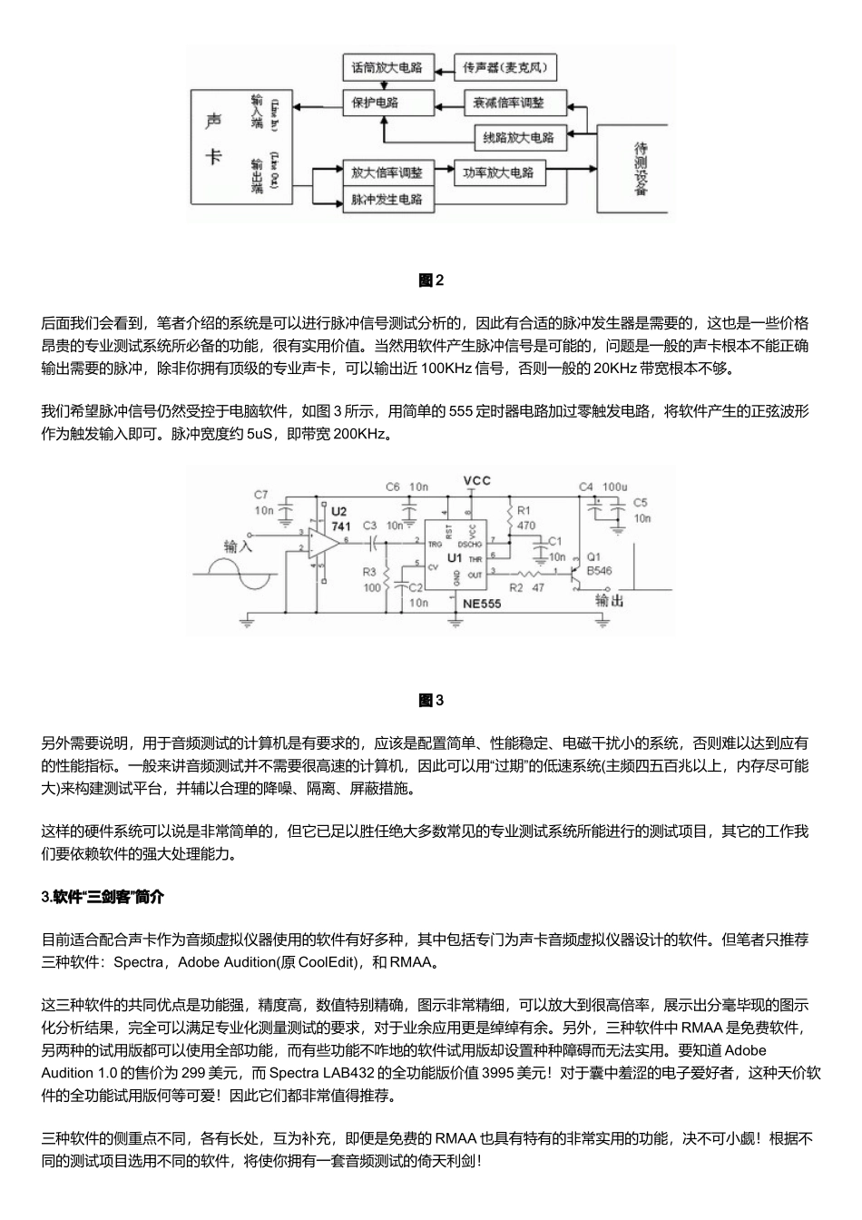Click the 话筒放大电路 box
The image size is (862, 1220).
387,67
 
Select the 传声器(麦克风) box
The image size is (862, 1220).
504,67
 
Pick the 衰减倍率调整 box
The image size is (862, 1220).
515,103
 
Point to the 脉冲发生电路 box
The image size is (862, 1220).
387,199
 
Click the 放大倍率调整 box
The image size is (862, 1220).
387,172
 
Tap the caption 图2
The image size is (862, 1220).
431,280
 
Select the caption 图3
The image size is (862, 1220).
431,700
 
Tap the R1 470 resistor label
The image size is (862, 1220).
525,518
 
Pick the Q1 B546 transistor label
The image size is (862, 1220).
600,565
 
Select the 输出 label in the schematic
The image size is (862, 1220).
609,600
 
